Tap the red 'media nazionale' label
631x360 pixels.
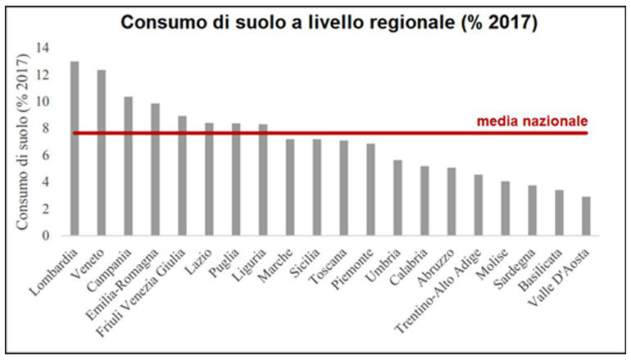[x=532, y=121]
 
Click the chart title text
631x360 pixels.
[x=329, y=22]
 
